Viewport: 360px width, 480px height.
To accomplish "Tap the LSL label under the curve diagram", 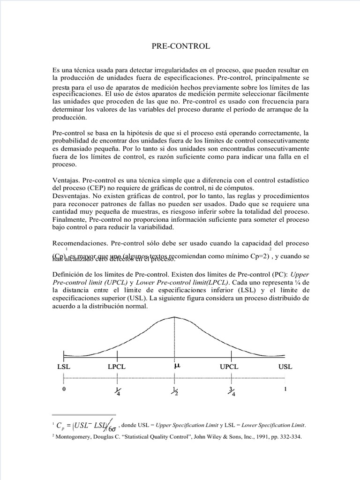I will pos(64,367).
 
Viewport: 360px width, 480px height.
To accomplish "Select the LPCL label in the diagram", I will pos(117,367).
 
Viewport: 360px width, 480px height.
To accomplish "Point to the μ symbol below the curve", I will pos(177,366).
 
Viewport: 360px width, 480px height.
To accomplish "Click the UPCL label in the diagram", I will pos(229,367).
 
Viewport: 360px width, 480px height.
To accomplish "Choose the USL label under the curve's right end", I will pos(285,367).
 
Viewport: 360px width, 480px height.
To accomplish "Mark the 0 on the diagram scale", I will pos(64,389).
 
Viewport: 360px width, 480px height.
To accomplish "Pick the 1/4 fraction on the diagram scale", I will pos(117,391).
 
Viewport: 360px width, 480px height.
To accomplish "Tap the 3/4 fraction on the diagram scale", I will pos(230,391).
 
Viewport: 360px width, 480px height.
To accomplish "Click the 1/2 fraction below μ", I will pos(174,391).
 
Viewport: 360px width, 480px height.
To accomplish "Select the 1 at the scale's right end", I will pos(285,389).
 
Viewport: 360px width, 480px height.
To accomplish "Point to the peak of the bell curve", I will pos(174,317).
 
